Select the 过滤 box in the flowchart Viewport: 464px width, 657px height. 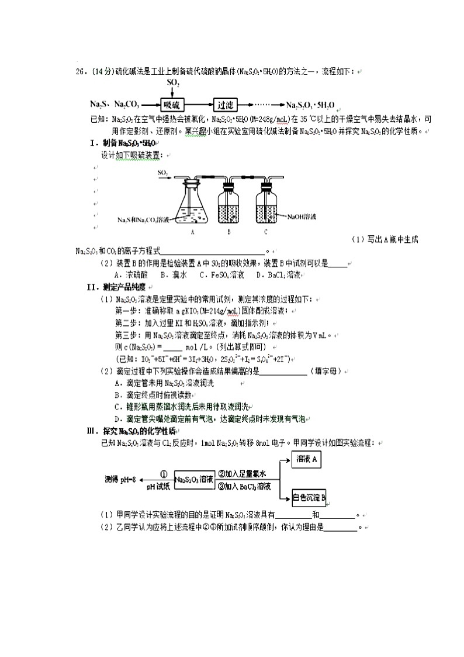tap(226, 105)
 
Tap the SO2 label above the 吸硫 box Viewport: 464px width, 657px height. tap(173, 83)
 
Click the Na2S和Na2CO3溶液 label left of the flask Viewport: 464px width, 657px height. tap(143, 219)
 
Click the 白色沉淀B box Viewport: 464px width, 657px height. tap(309, 498)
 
